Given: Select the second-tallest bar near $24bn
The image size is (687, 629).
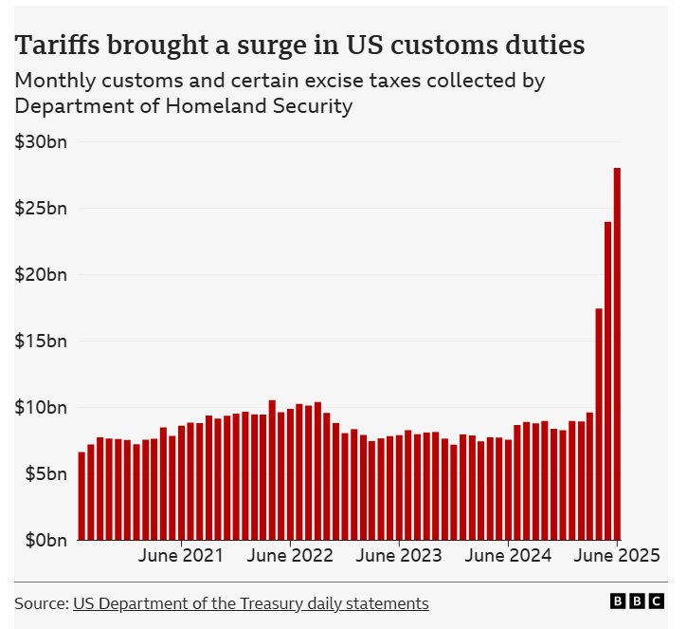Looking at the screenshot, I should [x=608, y=380].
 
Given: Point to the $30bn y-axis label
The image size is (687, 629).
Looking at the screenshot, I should [x=41, y=142].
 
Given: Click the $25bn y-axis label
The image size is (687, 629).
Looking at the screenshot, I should [x=41, y=209].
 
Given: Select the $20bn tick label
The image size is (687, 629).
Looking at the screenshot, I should [x=41, y=275].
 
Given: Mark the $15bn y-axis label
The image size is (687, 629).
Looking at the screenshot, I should [x=41, y=342].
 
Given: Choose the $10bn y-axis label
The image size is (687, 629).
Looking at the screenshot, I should [x=41, y=408].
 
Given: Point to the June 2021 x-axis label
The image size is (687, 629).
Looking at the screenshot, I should [x=181, y=556].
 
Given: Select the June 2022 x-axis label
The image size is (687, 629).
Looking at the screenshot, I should [x=290, y=556].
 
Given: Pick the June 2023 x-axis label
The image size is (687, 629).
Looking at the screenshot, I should [x=399, y=556].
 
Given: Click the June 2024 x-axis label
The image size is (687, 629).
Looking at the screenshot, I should [x=508, y=556].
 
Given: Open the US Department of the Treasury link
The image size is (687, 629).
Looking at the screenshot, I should [x=250, y=603].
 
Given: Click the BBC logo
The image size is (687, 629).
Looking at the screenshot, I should [x=638, y=601].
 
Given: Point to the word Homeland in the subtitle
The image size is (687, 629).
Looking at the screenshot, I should [x=206, y=106].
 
